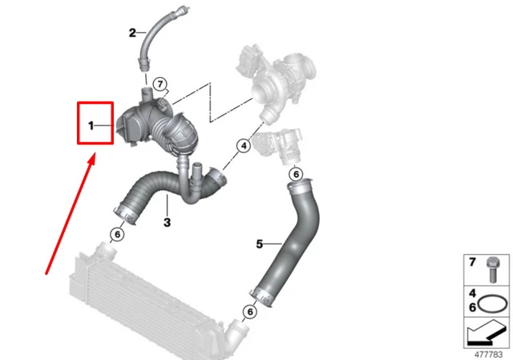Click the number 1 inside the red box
tap(91, 125)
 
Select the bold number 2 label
tap(132, 33)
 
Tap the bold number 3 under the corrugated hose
tap(167, 223)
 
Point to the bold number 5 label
tap(260, 244)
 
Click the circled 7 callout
tap(160, 84)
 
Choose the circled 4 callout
tap(244, 146)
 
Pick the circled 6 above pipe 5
tap(296, 174)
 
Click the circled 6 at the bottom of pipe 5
tap(250, 312)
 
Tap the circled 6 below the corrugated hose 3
tap(117, 234)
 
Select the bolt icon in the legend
tap(492, 270)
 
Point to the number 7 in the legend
tap(472, 262)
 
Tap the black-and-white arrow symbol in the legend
tap(485, 333)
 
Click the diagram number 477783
tap(488, 354)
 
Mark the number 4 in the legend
tap(472, 293)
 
